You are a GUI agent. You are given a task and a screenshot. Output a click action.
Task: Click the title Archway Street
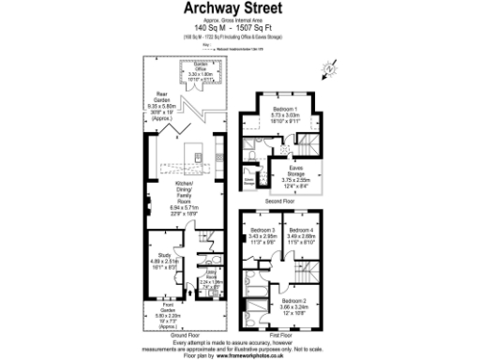(239, 10)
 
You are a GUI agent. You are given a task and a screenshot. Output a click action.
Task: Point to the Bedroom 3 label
(262, 230)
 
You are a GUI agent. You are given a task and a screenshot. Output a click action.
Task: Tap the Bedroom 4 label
(301, 230)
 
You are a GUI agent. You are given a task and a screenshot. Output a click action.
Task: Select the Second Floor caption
(280, 201)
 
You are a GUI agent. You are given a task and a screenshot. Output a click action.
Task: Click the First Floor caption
(281, 334)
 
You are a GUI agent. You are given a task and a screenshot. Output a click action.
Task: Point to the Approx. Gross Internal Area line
(239, 20)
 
